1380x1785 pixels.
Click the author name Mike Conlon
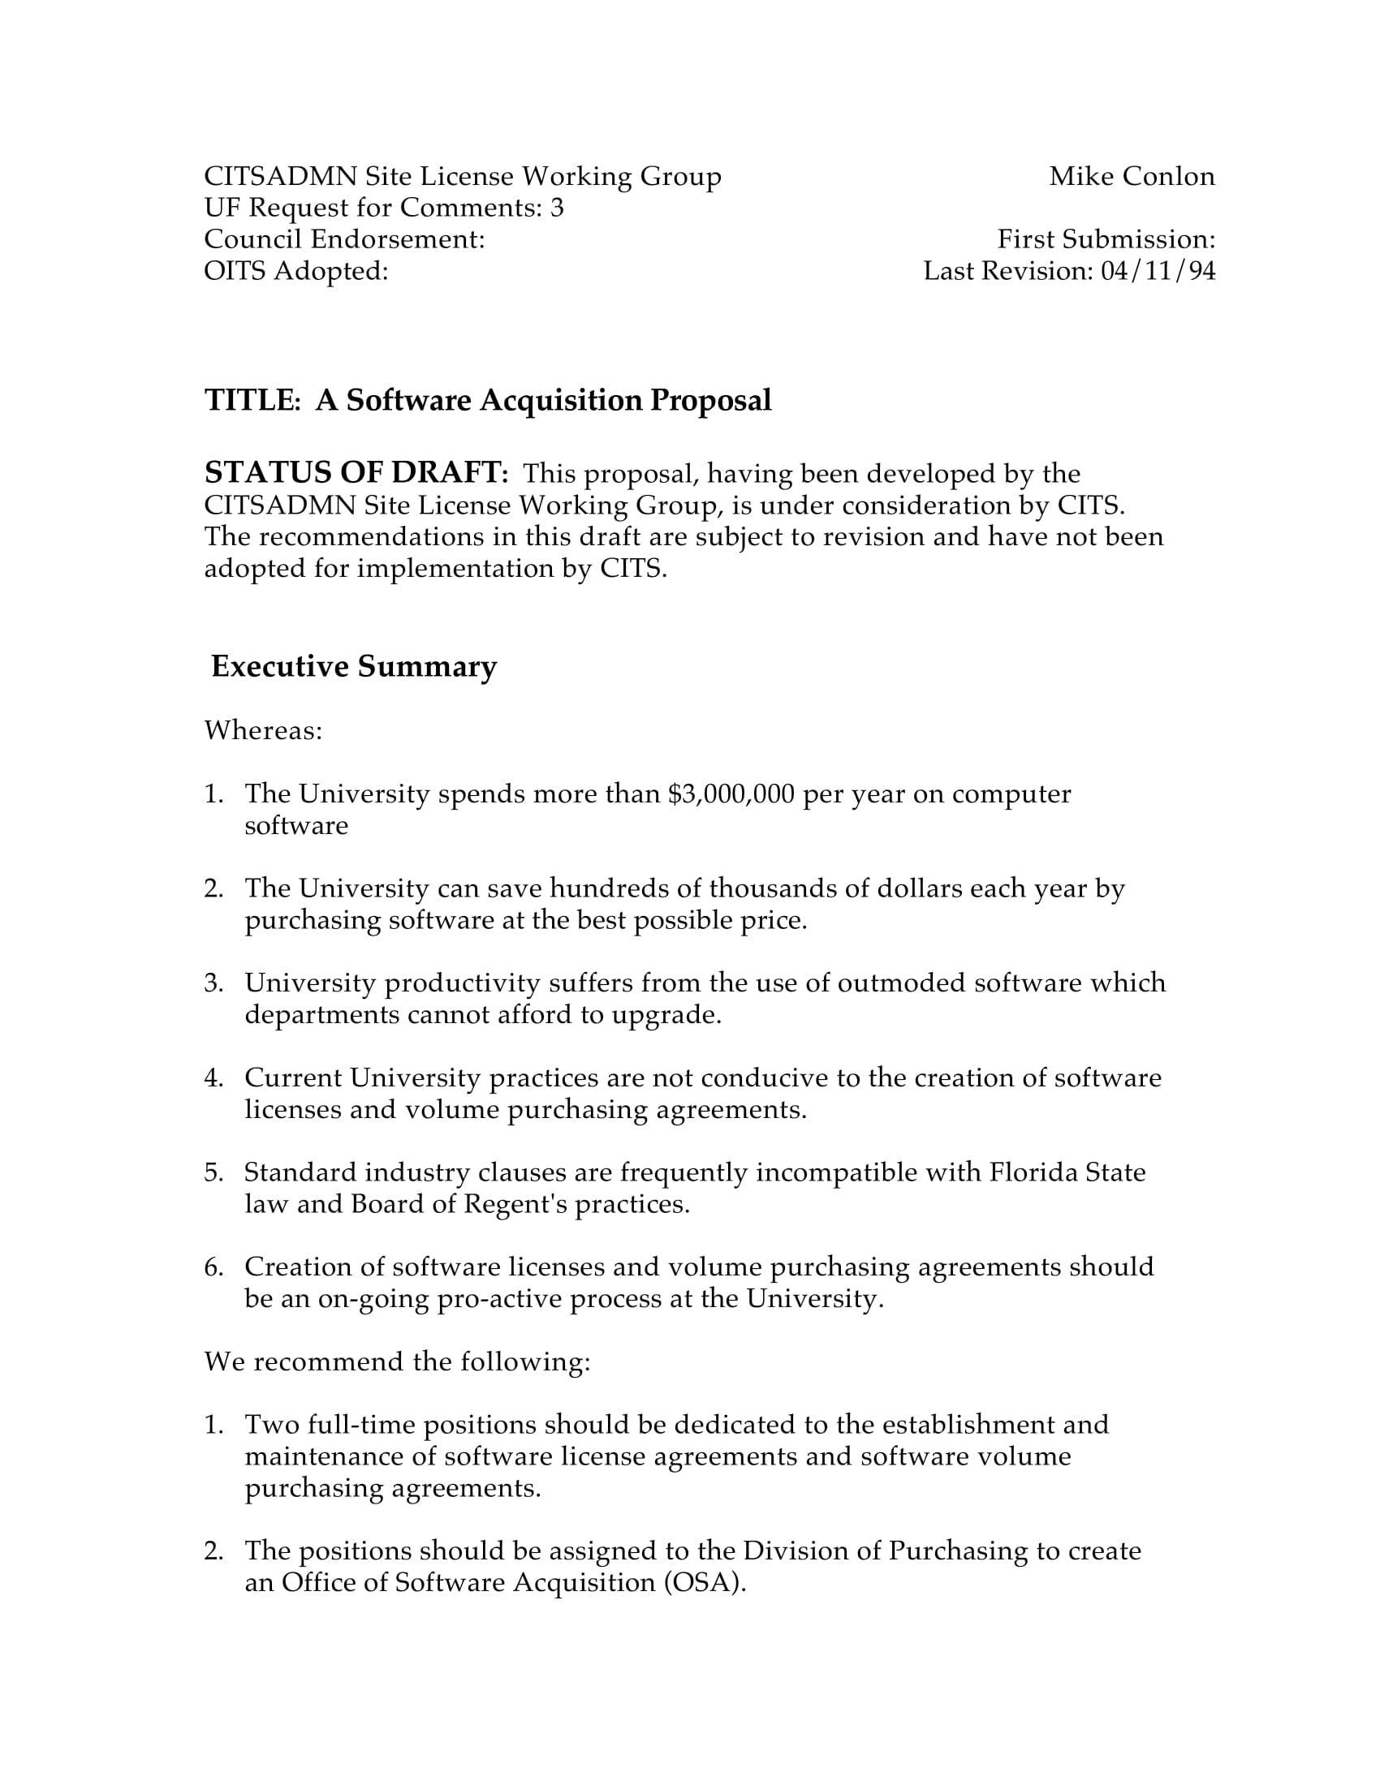1132,177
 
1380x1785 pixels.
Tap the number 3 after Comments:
557,209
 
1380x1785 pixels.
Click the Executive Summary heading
353,667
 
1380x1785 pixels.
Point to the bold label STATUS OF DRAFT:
356,473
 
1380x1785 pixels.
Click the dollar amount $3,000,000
731,794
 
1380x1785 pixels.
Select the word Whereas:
263,731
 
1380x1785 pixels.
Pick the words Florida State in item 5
1067,1173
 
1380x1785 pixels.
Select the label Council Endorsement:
344,239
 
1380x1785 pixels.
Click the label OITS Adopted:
296,271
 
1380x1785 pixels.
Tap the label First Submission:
1106,239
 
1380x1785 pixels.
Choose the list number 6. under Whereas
213,1267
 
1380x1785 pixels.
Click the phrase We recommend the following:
396,1362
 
